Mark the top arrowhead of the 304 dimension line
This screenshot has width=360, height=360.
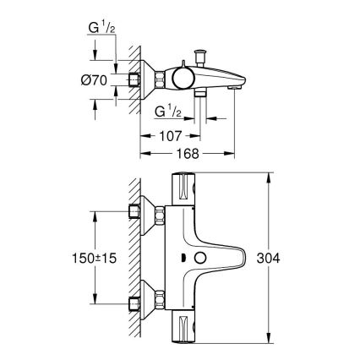pos(268,177)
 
